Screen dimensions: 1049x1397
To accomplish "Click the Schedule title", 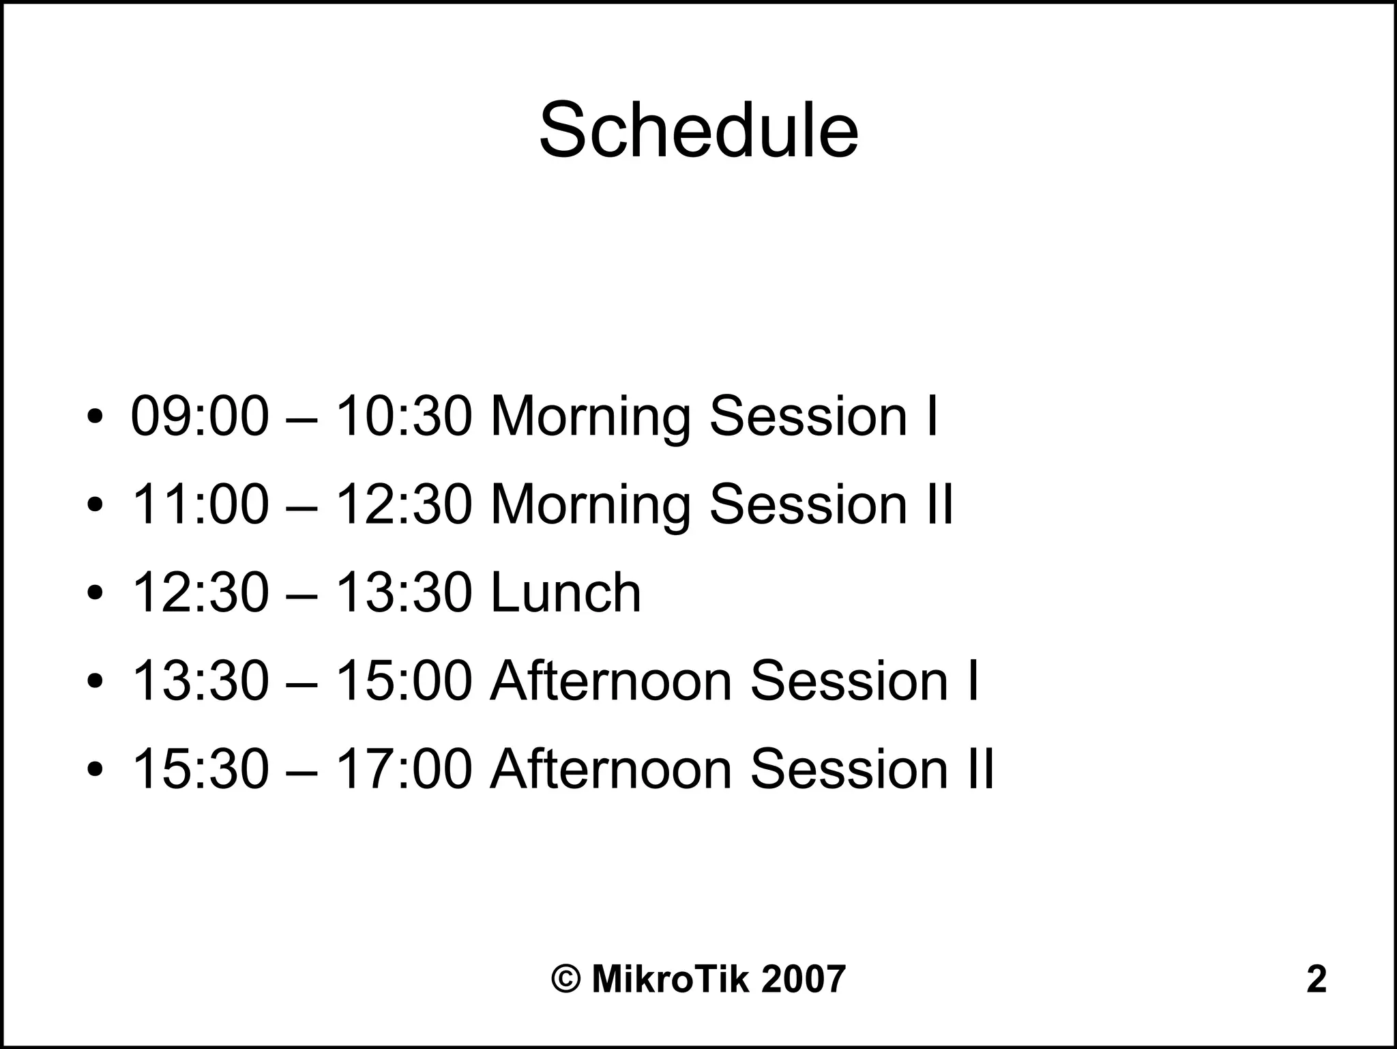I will pyautogui.click(x=698, y=131).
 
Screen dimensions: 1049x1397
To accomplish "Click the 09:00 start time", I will pyautogui.click(x=199, y=416).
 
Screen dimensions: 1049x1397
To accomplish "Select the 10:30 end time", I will pyautogui.click(x=404, y=416).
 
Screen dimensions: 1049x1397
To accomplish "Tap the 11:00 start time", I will pyautogui.click(x=199, y=504).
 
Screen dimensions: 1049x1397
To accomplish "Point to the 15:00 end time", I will pyautogui.click(x=404, y=680).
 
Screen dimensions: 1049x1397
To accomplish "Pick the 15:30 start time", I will pyautogui.click(x=199, y=768).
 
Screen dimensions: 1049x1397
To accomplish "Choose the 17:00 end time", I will pyautogui.click(x=404, y=768).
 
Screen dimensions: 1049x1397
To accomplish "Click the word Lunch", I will pyautogui.click(x=565, y=592).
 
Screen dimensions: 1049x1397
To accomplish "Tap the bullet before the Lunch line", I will pyautogui.click(x=95, y=592).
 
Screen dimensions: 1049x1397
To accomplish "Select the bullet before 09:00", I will pyautogui.click(x=95, y=416).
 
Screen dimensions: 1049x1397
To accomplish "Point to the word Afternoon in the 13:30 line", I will pyautogui.click(x=611, y=680).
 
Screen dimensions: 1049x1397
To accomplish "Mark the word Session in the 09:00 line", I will pyautogui.click(x=808, y=416).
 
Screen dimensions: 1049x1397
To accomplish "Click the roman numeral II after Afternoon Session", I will pyautogui.click(x=980, y=768).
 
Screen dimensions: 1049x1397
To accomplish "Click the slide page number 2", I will pyautogui.click(x=1316, y=979).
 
